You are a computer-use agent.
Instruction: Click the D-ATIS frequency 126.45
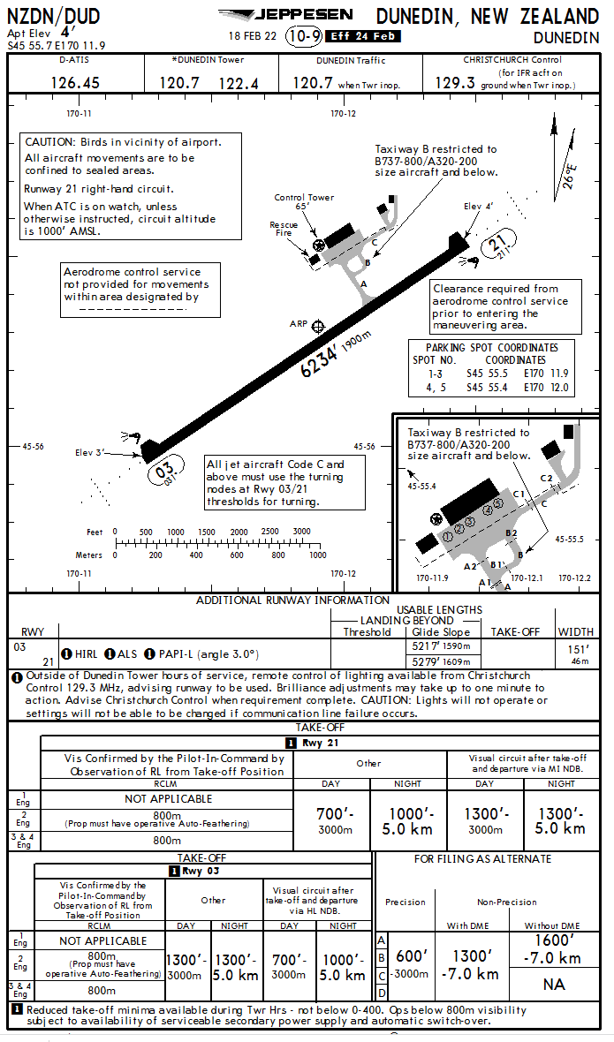pos(75,82)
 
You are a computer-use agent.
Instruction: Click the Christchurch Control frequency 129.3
pos(454,82)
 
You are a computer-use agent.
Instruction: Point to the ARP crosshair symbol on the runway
pos(318,327)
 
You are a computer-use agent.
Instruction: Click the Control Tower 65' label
pos(304,202)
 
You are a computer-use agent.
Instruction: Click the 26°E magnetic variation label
pos(570,176)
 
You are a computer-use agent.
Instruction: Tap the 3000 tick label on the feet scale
pos(301,532)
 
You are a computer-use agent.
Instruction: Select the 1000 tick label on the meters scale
pos(318,555)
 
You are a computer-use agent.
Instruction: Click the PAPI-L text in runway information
pos(175,654)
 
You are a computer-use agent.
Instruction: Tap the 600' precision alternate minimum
pos(411,955)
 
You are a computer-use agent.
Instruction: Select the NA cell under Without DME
pos(554,985)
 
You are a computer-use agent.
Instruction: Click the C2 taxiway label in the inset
pos(546,479)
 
